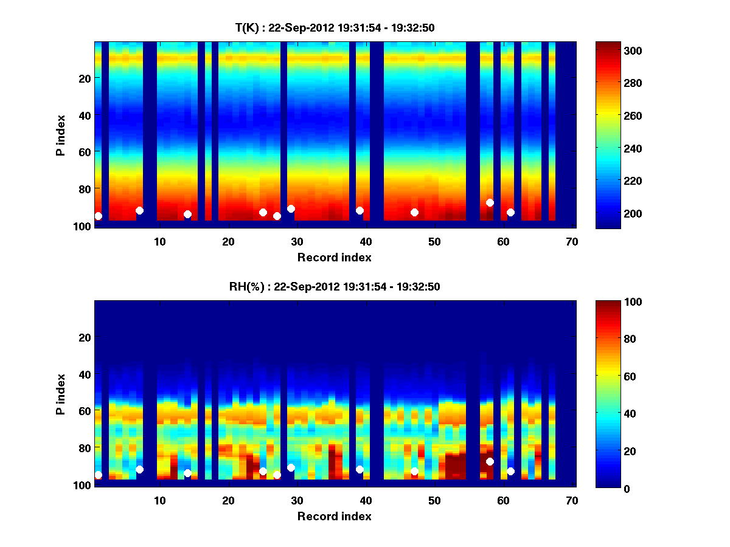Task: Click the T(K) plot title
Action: point(335,27)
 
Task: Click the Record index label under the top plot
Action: point(335,257)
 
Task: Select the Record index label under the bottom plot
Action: point(335,516)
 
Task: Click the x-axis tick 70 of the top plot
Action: point(572,241)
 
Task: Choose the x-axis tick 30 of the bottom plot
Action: point(297,500)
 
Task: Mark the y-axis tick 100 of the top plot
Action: point(83,226)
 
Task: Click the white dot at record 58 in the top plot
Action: point(490,202)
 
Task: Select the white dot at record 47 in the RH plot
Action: point(414,471)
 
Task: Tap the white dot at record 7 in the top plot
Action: point(139,210)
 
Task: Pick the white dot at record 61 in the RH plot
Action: point(510,471)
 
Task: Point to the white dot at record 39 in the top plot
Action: point(360,210)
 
